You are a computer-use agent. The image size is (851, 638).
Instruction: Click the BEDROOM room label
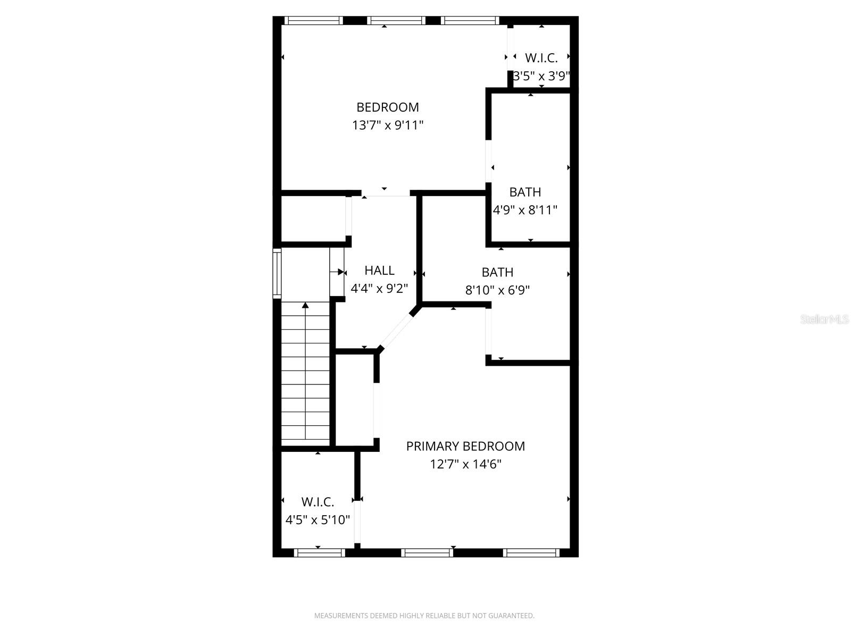coord(388,107)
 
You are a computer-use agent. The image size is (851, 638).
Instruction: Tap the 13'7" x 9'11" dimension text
coord(388,125)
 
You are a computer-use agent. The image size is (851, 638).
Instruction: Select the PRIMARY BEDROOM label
coord(465,447)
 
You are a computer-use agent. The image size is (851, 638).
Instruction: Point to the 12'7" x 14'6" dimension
coord(465,465)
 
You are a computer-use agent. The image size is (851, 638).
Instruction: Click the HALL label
coord(379,271)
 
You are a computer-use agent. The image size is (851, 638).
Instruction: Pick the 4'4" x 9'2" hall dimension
coord(379,289)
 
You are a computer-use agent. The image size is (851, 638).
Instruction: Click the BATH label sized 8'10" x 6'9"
coord(497,272)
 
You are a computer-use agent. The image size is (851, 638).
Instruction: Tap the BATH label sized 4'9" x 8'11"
coord(525,192)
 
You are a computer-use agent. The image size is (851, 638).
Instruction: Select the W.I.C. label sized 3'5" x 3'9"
coord(541,58)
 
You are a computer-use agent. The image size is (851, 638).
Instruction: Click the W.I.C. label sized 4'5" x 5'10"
coord(318,502)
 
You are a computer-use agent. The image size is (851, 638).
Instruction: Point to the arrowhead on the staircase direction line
coord(305,305)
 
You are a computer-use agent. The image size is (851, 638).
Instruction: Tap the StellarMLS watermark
coord(824,320)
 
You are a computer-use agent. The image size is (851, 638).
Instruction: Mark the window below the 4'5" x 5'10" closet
coord(320,553)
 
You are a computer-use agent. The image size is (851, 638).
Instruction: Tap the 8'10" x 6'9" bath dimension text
coord(497,290)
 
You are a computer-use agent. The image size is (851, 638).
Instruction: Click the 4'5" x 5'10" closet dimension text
coord(318,520)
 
